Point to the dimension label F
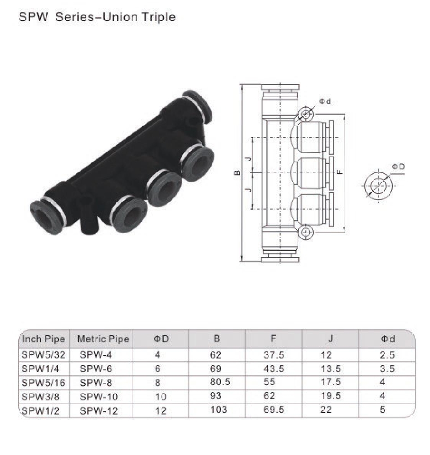(339, 173)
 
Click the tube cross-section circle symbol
(377, 186)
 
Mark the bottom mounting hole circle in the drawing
(305, 233)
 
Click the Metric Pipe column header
(103, 339)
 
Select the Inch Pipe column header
(43, 339)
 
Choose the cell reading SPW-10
(99, 397)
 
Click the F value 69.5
(274, 410)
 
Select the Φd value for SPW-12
(383, 410)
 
